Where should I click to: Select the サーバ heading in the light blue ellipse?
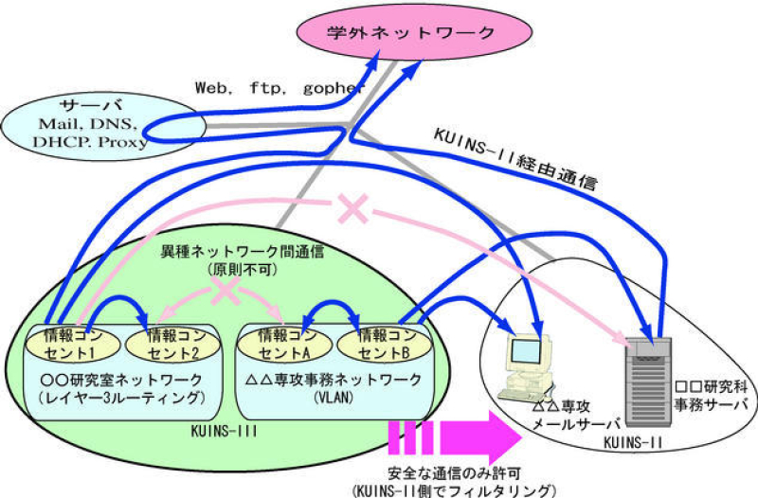tap(91, 105)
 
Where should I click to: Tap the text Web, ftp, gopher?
tap(280, 88)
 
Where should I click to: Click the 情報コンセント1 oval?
tap(72, 344)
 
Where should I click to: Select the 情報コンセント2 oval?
tap(173, 344)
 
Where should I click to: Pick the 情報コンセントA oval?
tap(285, 344)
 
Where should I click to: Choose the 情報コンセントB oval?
tap(384, 344)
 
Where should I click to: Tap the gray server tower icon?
tap(648, 382)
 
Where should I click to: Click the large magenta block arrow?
tap(456, 437)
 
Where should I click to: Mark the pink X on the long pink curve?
tap(353, 208)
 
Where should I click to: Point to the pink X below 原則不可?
tap(226, 291)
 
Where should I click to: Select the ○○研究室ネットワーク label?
tap(121, 381)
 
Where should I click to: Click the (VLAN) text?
tap(334, 398)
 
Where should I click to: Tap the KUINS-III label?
tap(224, 431)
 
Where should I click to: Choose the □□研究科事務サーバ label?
tap(711, 396)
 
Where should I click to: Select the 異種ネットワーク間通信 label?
tap(242, 252)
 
